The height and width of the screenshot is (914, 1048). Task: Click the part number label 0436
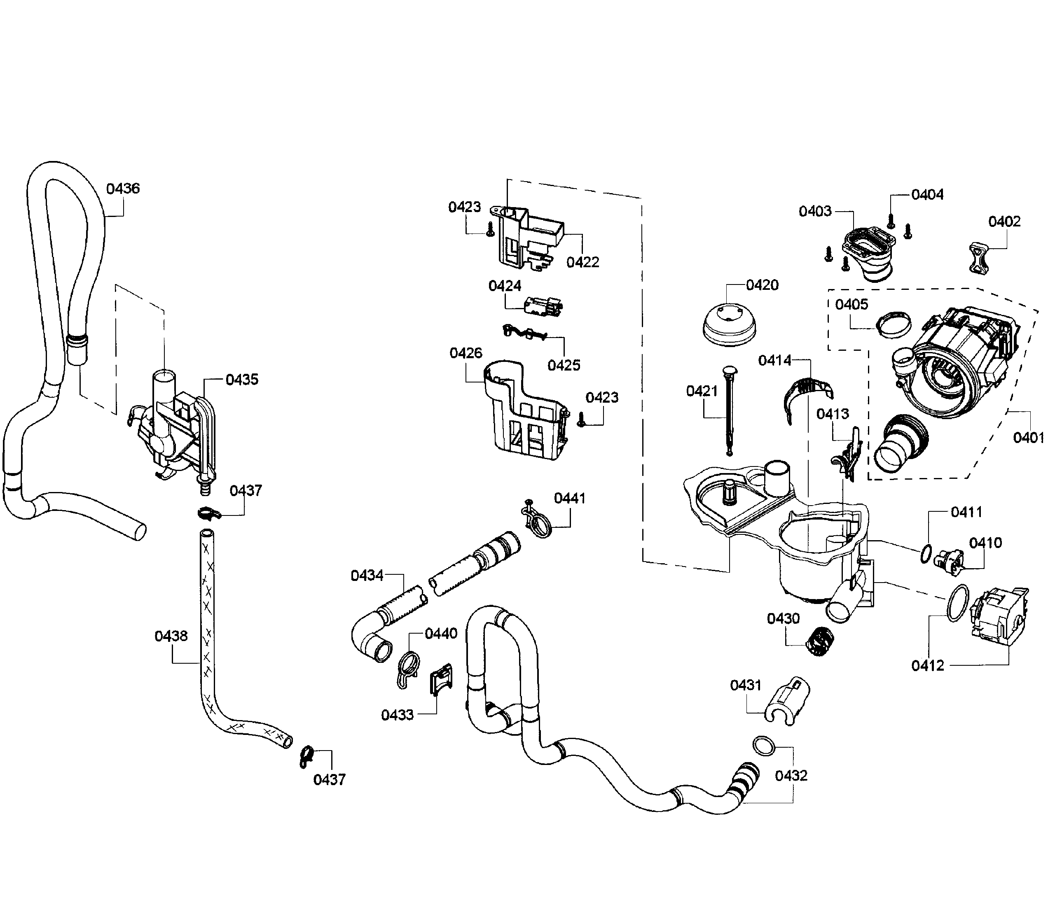click(x=122, y=189)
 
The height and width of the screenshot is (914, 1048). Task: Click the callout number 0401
click(x=1028, y=438)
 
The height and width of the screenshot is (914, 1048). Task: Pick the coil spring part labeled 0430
click(x=821, y=641)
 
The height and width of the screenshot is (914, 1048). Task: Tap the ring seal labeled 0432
click(x=764, y=745)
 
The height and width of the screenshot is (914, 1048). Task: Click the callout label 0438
click(x=171, y=636)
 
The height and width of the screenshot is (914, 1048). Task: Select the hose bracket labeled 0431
click(x=787, y=700)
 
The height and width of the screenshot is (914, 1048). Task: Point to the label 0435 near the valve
click(x=242, y=380)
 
